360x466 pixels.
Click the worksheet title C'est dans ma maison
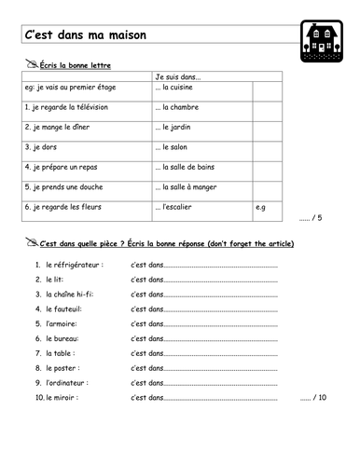point(85,36)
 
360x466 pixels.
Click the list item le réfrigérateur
point(72,266)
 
